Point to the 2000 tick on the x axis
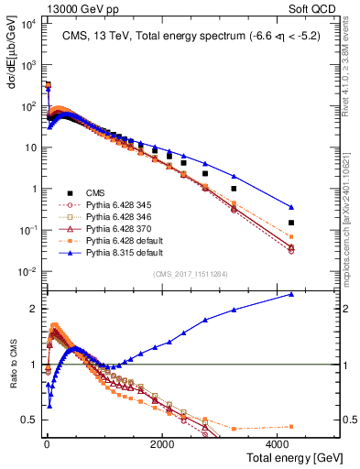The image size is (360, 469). pos(161,442)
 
